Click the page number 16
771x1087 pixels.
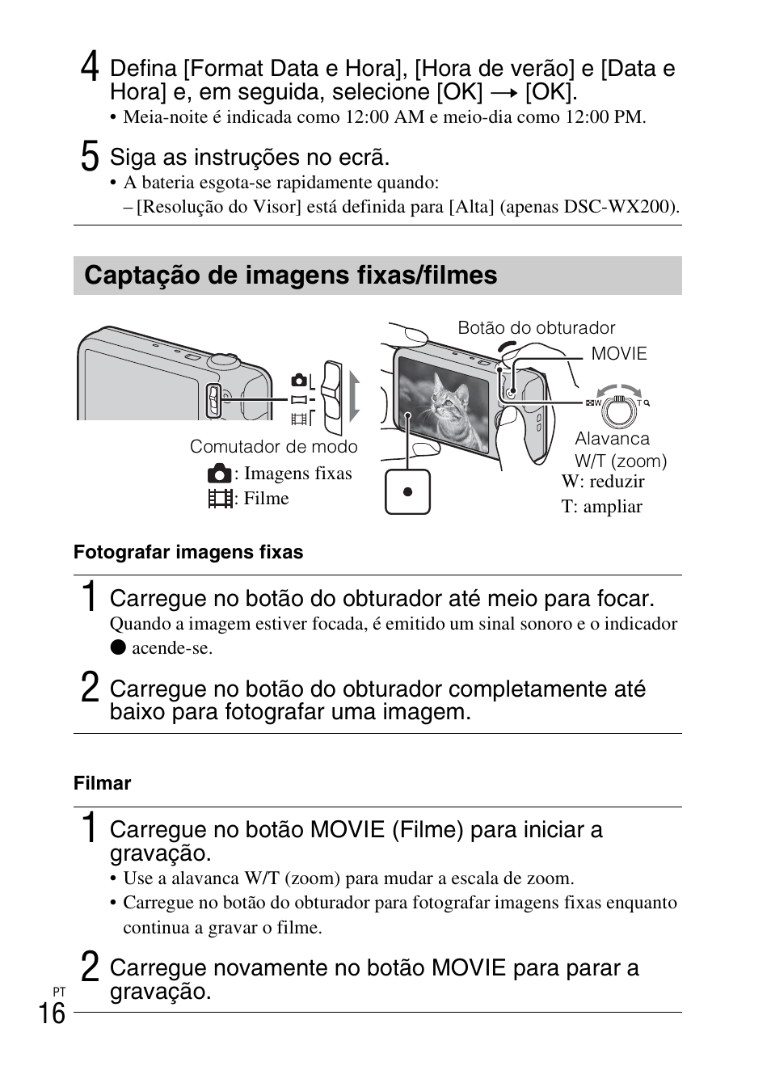(52, 1012)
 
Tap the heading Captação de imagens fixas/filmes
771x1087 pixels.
(290, 276)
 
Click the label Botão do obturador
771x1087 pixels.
(536, 328)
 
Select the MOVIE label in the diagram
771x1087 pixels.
(619, 354)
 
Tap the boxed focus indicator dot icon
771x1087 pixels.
(407, 491)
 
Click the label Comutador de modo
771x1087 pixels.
(273, 447)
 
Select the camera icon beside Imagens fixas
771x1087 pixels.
(219, 474)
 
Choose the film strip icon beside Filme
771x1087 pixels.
(219, 499)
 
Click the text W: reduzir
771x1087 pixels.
(603, 482)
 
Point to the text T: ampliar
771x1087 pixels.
(602, 507)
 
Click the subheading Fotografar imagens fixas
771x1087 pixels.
(188, 553)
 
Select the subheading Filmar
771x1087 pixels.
(102, 783)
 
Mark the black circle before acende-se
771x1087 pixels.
(119, 648)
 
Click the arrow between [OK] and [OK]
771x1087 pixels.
(503, 93)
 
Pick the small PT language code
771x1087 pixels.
(59, 991)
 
